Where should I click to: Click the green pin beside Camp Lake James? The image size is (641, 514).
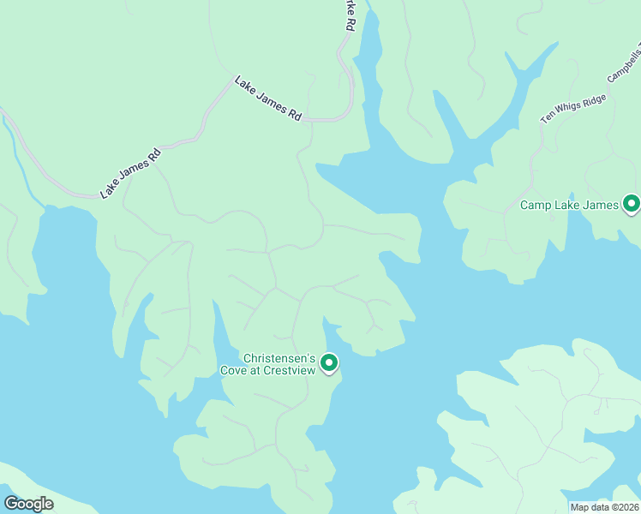(x=632, y=204)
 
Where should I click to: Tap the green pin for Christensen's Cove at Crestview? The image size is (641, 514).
(x=329, y=364)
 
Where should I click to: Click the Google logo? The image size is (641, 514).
(x=28, y=504)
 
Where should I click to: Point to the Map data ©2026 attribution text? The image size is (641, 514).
(x=604, y=507)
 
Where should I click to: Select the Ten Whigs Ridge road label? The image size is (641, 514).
(x=572, y=109)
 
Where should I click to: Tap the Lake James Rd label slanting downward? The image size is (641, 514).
(x=268, y=99)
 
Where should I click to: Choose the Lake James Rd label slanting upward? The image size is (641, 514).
(x=130, y=173)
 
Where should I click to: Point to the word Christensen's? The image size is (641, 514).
(x=280, y=358)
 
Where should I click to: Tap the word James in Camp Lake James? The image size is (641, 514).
(x=600, y=205)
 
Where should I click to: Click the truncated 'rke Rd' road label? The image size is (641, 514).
(x=348, y=15)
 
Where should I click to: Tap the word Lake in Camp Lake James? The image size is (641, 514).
(x=568, y=205)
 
